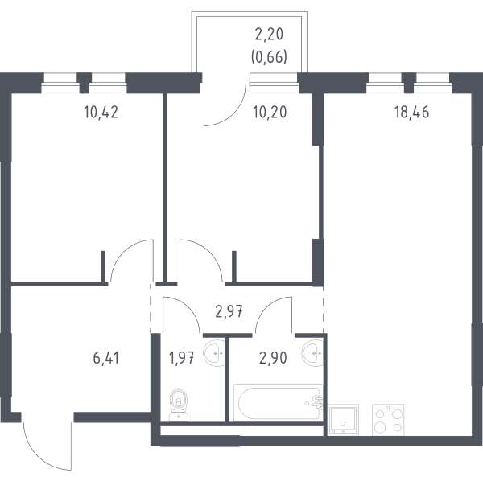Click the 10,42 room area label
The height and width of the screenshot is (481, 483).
coord(101,113)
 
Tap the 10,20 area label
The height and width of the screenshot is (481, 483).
coord(270,113)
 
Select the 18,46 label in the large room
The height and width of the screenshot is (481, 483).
coord(411,113)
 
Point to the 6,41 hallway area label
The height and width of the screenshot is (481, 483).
coord(106,358)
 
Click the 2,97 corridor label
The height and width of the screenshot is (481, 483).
coord(229,312)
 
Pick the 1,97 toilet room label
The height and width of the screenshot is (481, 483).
coord(181,358)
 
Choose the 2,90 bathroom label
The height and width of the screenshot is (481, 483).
coord(273,358)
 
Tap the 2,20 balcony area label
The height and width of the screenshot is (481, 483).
coord(269,34)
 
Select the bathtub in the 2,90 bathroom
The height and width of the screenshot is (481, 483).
coord(277,403)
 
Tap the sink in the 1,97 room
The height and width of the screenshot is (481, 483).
coord(214,353)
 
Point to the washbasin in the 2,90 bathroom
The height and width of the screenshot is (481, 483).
coord(312,353)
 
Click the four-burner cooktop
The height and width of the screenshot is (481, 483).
coord(388,420)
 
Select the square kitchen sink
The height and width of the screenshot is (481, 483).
coord(343,420)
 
